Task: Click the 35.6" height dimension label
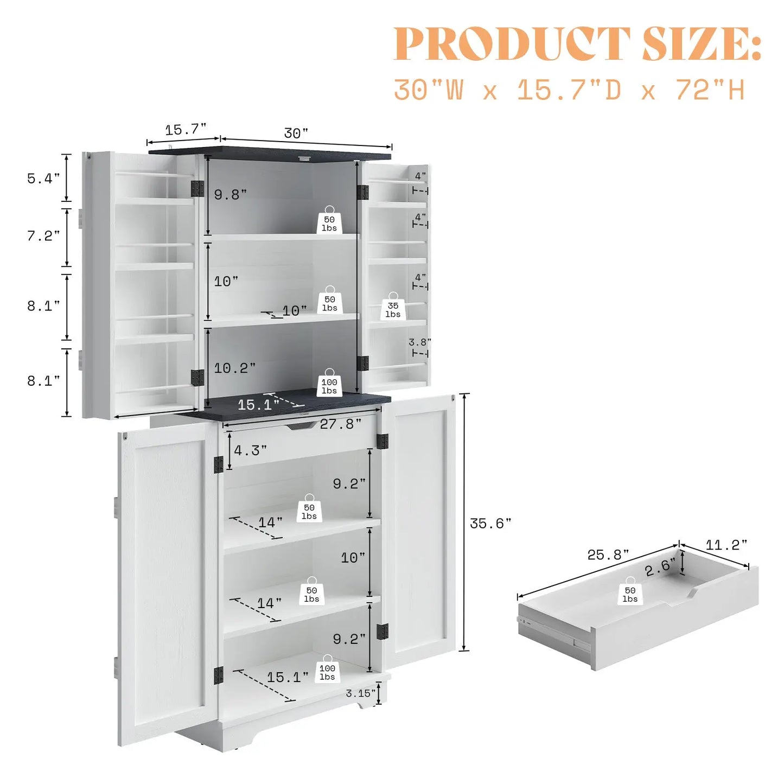pos(490,524)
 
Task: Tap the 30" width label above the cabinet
pos(296,133)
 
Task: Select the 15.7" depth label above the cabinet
pos(186,130)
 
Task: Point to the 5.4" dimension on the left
pos(43,178)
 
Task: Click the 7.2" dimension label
pos(43,236)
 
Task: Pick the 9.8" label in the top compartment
pos(231,195)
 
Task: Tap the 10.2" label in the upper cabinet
pos(235,368)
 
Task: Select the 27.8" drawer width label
pos(341,424)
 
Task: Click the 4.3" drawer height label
pos(250,450)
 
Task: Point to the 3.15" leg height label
pos(360,693)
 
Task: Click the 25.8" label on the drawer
pos(608,554)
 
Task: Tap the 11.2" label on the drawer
pos(726,545)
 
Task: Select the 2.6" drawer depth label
pos(660,567)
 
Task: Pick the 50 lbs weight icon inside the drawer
pos(630,591)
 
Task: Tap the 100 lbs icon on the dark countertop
pos(329,383)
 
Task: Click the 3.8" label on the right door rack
pos(420,342)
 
